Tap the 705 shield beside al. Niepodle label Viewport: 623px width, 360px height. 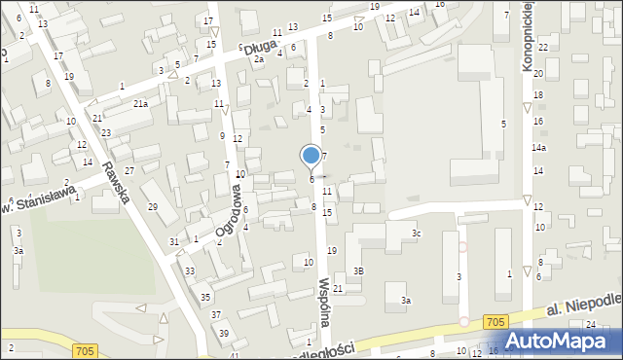(x=495, y=320)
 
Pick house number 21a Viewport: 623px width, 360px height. (x=140, y=103)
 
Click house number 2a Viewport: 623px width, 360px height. (x=259, y=59)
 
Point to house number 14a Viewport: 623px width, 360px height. (x=538, y=147)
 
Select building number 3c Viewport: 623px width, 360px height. (x=416, y=234)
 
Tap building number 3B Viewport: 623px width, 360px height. (x=358, y=270)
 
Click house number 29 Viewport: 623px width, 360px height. (x=153, y=207)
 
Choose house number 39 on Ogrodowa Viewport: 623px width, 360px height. (x=224, y=334)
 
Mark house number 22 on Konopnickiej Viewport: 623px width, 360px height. (x=542, y=48)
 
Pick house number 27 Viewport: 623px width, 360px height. (x=128, y=170)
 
